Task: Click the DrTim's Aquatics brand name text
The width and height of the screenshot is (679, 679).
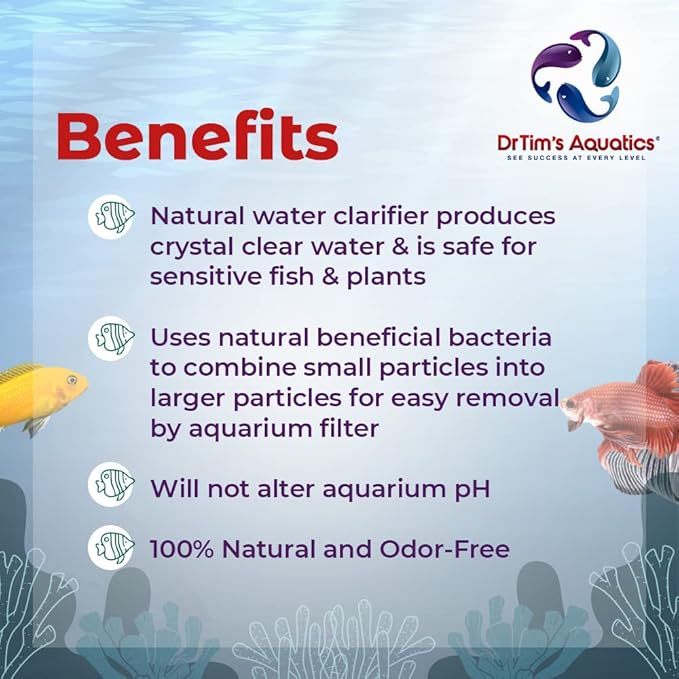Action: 579,142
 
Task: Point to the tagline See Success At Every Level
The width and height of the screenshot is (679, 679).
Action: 579,157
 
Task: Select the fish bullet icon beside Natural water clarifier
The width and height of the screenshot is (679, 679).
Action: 112,217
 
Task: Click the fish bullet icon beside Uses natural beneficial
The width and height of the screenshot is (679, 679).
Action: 112,339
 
